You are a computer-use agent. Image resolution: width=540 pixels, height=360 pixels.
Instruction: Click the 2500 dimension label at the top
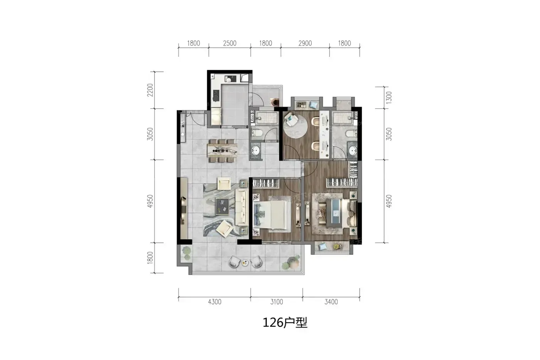(229, 43)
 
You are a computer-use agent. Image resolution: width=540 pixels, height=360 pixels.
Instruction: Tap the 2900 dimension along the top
(305, 43)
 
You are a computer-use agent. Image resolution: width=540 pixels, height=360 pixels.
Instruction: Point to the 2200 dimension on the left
(150, 90)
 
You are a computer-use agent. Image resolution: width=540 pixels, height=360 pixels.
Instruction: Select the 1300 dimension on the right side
(389, 98)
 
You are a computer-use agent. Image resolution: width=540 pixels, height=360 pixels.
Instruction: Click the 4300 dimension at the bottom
(214, 302)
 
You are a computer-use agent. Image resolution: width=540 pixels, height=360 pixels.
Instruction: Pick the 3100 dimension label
(277, 302)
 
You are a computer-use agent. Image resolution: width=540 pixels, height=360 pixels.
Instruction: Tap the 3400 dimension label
(331, 302)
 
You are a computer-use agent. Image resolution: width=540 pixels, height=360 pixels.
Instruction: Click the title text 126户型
(285, 323)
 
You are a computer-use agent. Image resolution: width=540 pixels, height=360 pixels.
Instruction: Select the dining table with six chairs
(222, 151)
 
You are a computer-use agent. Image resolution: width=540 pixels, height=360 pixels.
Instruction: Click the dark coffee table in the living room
(223, 206)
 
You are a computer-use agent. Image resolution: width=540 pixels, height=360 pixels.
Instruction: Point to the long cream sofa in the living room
(242, 207)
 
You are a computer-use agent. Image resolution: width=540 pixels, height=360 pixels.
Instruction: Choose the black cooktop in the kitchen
(216, 96)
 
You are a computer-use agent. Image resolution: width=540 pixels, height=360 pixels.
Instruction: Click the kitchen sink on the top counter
(231, 79)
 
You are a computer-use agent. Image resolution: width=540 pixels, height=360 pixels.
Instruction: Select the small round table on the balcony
(245, 263)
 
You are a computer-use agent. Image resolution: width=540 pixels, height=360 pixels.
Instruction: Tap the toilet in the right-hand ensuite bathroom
(351, 134)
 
